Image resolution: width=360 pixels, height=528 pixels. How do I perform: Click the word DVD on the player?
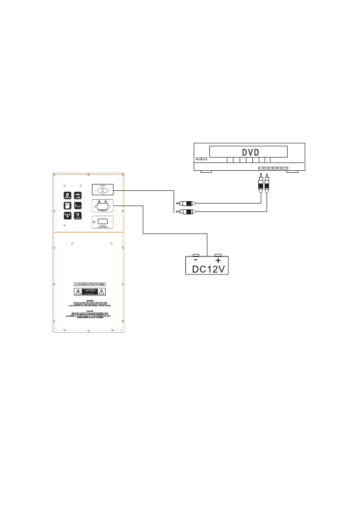tap(249, 151)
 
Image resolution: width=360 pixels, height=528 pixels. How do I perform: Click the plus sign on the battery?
tap(218, 261)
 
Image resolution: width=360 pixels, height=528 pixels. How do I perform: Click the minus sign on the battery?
tap(196, 261)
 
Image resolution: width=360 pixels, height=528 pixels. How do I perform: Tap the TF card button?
tap(67, 206)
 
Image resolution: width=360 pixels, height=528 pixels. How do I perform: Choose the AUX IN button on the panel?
tap(78, 216)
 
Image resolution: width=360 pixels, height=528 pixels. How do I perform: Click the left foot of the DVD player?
tap(206, 172)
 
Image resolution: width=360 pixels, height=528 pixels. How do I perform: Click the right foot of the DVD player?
tap(292, 172)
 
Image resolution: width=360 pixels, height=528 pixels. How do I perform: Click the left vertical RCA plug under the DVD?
tap(260, 184)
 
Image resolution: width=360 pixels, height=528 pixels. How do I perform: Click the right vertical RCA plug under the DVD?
tap(267, 184)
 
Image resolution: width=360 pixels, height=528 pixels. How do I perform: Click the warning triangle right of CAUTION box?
tap(101, 292)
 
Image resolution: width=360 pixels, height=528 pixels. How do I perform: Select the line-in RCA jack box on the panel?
tap(103, 191)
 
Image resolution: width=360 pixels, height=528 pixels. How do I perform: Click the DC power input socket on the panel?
tap(103, 207)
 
